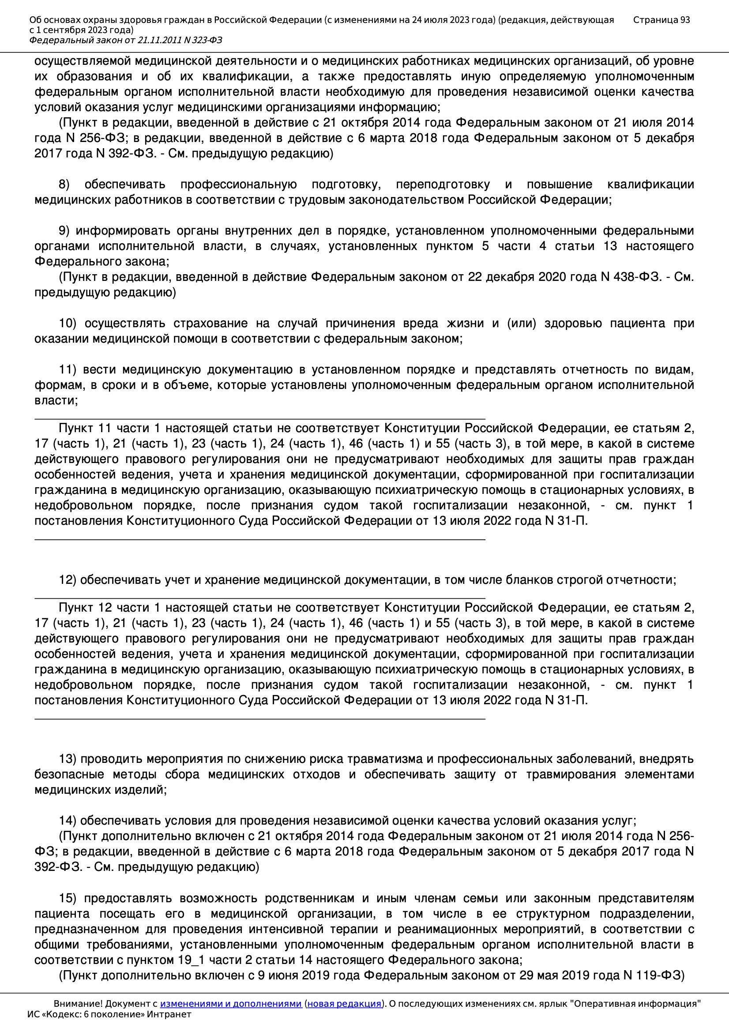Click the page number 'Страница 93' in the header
tap(661, 20)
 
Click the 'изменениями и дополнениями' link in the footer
tap(230, 1004)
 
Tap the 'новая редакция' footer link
tap(344, 1004)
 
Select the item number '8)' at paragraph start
tap(64, 185)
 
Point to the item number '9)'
tap(64, 231)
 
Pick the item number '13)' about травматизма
tap(68, 759)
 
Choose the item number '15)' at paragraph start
tap(68, 898)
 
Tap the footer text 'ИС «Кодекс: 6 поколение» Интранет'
tap(109, 1014)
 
